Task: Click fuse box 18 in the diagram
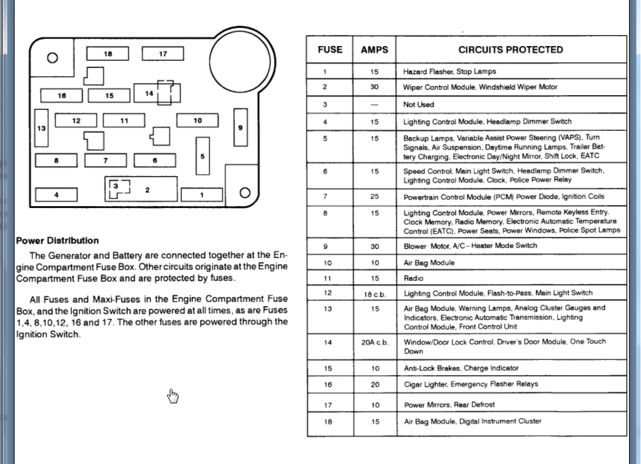[107, 54]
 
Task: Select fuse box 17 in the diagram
[162, 54]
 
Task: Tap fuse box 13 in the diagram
[41, 128]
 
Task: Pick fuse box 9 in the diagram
[240, 127]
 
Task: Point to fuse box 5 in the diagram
[202, 156]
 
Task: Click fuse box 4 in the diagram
[56, 195]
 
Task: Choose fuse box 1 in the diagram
[202, 195]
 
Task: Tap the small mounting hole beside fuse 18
[52, 57]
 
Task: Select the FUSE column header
[330, 49]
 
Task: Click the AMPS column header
[374, 49]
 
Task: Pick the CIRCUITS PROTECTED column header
[511, 49]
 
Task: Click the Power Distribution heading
[57, 241]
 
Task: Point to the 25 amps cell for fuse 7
[374, 197]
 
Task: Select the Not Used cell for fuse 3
[419, 105]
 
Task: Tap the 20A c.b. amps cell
[374, 342]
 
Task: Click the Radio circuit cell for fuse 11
[413, 278]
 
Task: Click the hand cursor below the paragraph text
[173, 396]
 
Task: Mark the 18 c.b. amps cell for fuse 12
[374, 293]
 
